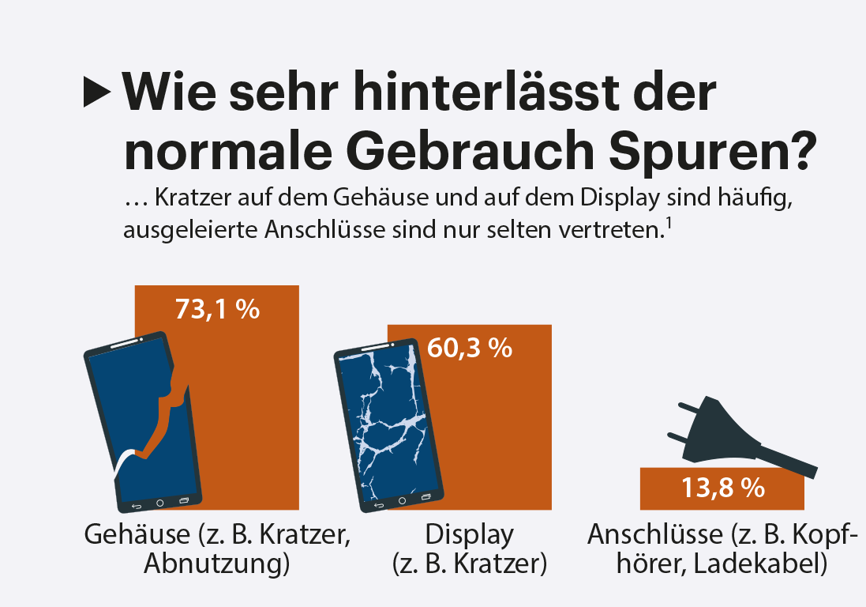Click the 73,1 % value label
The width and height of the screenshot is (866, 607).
217,309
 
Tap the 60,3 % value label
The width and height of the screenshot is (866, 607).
470,348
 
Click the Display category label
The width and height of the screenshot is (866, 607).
470,535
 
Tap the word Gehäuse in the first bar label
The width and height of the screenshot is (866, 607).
137,535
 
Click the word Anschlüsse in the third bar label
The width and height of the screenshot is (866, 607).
654,535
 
